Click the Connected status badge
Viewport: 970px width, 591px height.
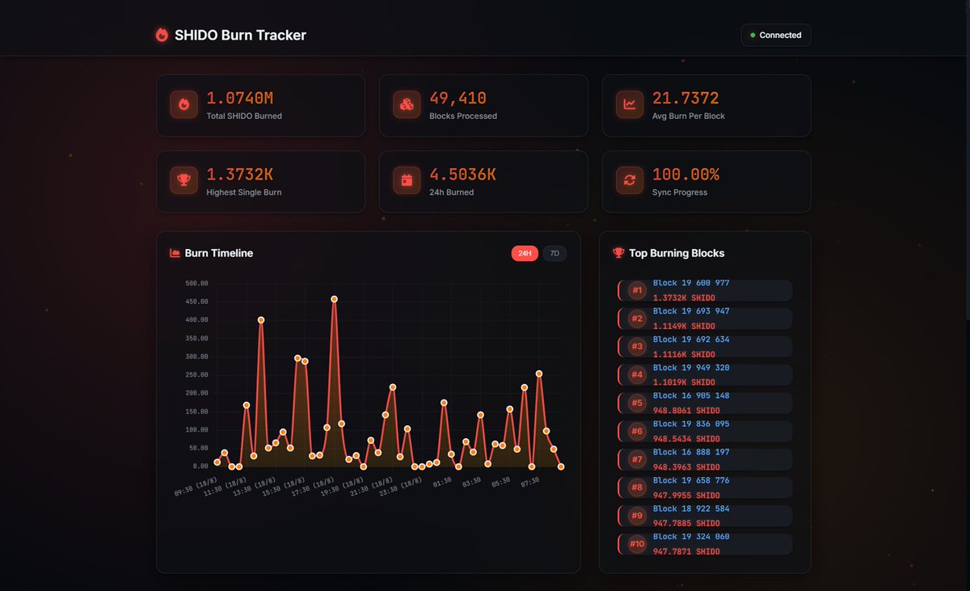775,35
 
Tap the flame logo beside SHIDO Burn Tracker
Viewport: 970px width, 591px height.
162,35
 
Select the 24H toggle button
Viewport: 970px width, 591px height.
525,254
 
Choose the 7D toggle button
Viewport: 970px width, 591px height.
555,254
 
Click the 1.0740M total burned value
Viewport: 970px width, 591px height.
239,99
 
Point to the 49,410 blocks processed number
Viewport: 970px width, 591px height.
458,99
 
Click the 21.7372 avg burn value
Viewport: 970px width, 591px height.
685,99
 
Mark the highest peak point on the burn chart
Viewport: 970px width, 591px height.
334,299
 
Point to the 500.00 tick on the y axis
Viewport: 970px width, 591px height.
196,284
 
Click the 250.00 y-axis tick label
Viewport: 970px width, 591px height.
196,375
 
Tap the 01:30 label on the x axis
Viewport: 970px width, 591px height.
441,482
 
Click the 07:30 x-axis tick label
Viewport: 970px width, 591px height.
530,482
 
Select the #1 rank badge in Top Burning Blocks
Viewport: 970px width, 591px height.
637,290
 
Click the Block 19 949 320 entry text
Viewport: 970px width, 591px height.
690,368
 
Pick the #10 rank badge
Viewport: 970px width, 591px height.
637,544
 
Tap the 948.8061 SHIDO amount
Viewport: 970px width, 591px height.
685,411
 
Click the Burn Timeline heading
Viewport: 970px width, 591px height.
218,253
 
